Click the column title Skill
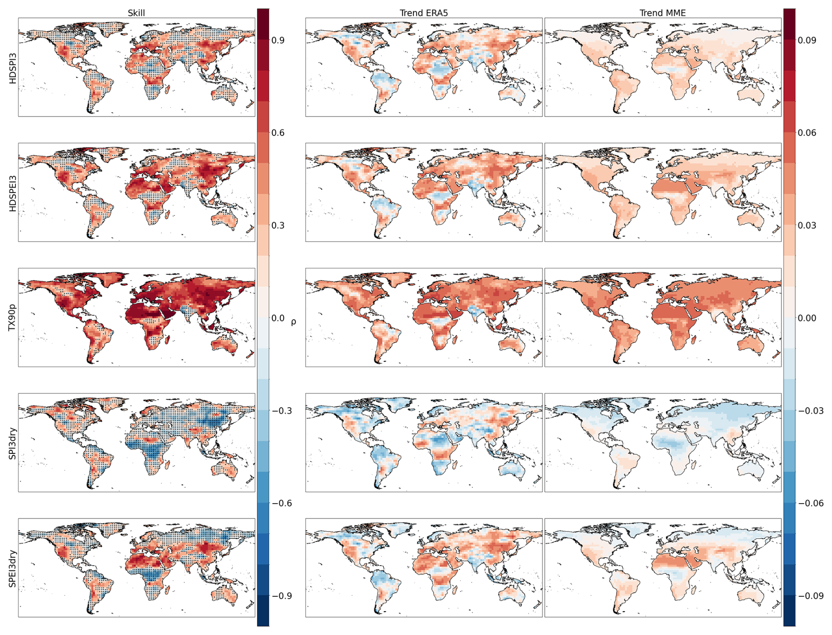click(136, 13)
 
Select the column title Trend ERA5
click(423, 13)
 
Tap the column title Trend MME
click(662, 13)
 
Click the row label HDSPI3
click(13, 68)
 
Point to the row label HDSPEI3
click(13, 193)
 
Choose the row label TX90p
click(13, 317)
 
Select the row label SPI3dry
click(13, 443)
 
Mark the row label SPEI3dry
click(13, 568)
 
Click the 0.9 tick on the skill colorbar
click(278, 40)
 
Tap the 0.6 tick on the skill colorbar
click(278, 133)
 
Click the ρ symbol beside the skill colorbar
click(293, 322)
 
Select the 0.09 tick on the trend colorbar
click(807, 40)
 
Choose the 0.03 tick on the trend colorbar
click(807, 226)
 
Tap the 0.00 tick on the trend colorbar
click(807, 318)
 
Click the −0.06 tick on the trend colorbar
click(809, 503)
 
